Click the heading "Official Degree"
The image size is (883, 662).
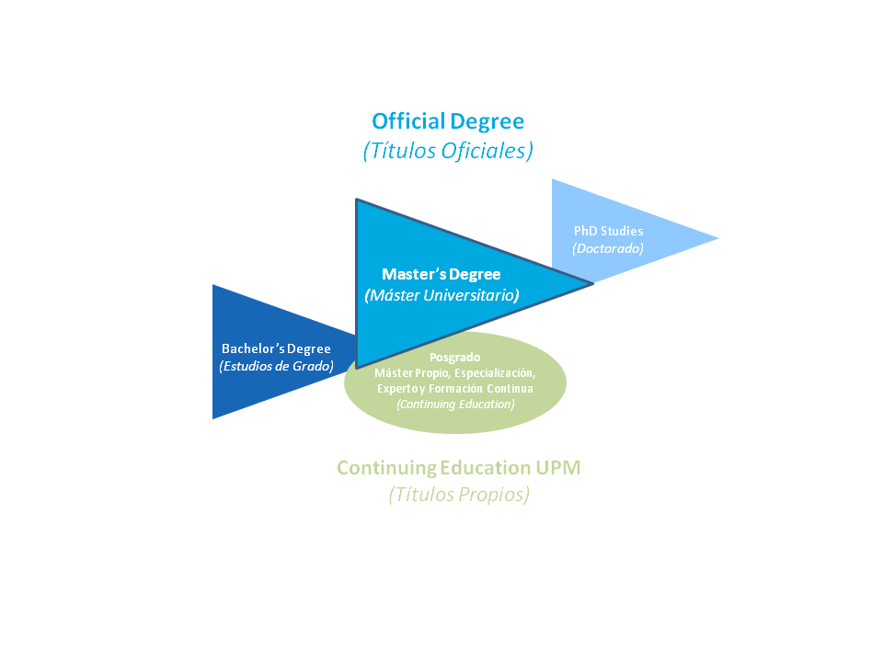pyautogui.click(x=448, y=121)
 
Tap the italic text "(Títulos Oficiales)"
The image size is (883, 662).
pyautogui.click(x=448, y=151)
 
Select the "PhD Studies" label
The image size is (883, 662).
pyautogui.click(x=608, y=231)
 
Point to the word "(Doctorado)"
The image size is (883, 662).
pyautogui.click(x=608, y=248)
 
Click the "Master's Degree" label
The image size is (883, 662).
pyautogui.click(x=441, y=274)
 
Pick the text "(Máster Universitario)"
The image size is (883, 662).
pyautogui.click(x=441, y=295)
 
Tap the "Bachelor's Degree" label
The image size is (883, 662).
pyautogui.click(x=276, y=348)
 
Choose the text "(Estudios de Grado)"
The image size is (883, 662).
pyautogui.click(x=276, y=366)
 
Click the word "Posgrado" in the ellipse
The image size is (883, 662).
pyautogui.click(x=455, y=357)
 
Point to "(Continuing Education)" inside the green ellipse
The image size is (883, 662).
pyautogui.click(x=455, y=404)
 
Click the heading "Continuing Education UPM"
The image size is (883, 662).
pyautogui.click(x=458, y=468)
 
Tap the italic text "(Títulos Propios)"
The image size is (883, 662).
pyautogui.click(x=458, y=495)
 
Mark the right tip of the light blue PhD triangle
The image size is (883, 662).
pyautogui.click(x=717, y=239)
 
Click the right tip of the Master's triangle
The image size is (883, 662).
pyautogui.click(x=591, y=283)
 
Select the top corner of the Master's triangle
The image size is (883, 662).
pyautogui.click(x=357, y=200)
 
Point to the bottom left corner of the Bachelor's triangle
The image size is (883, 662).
pyautogui.click(x=213, y=417)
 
